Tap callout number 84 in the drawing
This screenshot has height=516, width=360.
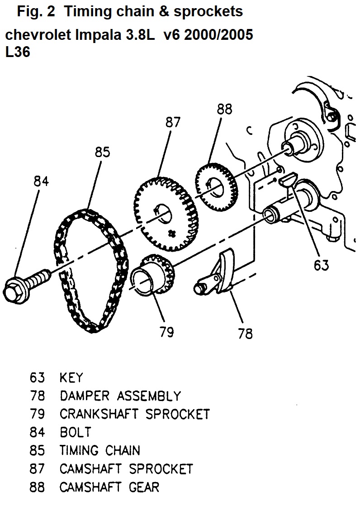[41, 182]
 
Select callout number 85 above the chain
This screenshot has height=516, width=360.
[103, 152]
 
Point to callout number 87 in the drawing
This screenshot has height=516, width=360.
[173, 122]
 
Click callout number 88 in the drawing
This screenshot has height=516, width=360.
[224, 109]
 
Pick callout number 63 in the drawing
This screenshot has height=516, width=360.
[322, 265]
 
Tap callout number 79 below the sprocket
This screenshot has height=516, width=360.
[166, 332]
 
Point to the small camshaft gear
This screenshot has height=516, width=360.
[216, 183]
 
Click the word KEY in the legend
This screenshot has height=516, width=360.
[71, 377]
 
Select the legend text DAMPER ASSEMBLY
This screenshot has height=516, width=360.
[120, 396]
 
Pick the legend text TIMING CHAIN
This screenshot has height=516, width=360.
[99, 450]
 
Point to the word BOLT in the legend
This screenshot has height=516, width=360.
[75, 432]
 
